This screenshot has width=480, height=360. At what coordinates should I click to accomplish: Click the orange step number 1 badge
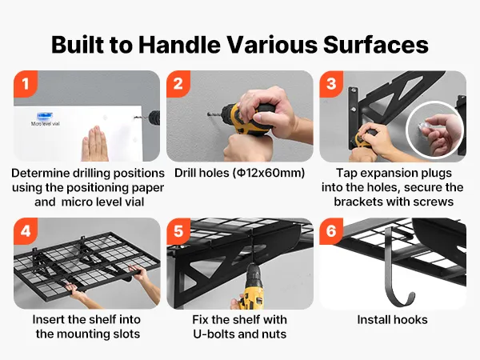point(26,83)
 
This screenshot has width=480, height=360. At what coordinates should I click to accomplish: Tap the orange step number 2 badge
point(178,83)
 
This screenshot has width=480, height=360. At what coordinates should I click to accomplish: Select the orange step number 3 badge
point(331,83)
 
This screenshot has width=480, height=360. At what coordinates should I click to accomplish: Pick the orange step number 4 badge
point(26,231)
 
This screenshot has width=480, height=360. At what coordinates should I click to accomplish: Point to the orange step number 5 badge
point(178,231)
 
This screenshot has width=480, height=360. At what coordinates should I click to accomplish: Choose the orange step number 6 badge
point(331,231)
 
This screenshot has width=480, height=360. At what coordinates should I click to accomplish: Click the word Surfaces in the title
point(376,45)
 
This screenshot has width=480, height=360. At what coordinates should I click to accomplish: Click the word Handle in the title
point(179,45)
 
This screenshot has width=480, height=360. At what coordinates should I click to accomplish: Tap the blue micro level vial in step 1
point(44,116)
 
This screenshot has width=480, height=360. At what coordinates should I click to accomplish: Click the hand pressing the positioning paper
point(94,144)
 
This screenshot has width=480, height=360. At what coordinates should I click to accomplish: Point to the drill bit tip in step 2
point(208,114)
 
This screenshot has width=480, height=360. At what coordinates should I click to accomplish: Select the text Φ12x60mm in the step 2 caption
point(269,173)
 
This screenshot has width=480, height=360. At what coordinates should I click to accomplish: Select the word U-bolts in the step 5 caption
point(214,334)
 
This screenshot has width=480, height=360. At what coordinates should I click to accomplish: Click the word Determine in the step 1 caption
point(41,174)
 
